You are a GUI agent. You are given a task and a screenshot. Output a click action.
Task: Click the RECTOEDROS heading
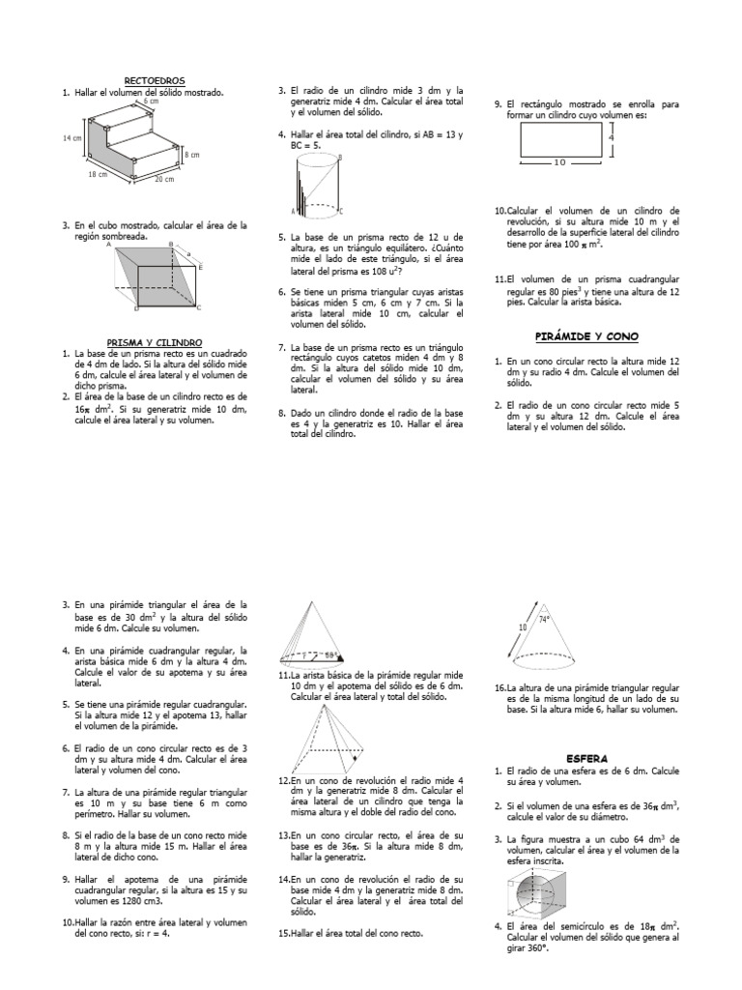click(155, 80)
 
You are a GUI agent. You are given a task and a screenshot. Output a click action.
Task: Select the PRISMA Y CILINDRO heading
click(155, 342)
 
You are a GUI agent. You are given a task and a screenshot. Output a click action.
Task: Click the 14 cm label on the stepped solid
click(71, 138)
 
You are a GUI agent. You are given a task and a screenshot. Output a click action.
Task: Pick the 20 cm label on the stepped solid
click(163, 179)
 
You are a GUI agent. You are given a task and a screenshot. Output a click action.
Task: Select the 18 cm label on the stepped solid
click(98, 175)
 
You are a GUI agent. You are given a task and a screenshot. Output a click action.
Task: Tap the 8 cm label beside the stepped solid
click(192, 155)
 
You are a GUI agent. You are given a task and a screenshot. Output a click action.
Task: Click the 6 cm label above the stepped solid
click(151, 102)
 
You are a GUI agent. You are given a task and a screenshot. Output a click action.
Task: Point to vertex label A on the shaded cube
click(109, 246)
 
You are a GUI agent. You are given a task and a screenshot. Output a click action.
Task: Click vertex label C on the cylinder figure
click(340, 210)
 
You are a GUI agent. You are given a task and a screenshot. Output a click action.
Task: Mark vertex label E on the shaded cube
click(199, 266)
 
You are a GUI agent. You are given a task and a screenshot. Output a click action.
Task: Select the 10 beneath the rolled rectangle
click(559, 163)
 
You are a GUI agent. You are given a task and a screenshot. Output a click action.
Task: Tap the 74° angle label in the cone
click(544, 620)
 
